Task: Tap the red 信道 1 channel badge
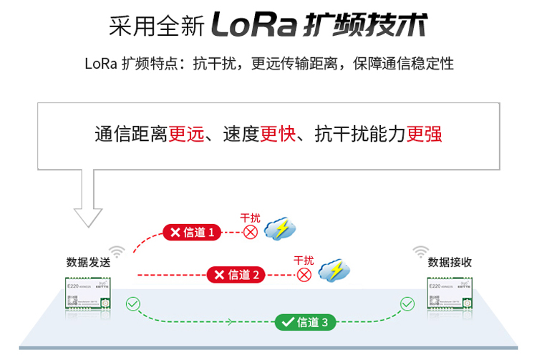[191, 232]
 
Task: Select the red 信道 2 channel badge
[236, 274]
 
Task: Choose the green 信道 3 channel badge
[305, 322]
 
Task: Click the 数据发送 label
[88, 262]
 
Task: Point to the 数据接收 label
[450, 262]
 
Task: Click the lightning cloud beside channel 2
[334, 270]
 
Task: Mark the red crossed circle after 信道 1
[250, 232]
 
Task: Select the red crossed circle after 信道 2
[304, 274]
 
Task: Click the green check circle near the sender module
[132, 304]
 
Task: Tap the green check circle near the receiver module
[407, 304]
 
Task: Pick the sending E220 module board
[87, 293]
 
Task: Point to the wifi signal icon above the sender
[117, 251]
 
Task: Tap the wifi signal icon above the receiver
[421, 251]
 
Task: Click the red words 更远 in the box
[186, 134]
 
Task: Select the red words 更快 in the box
[278, 134]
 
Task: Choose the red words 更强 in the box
[424, 134]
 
